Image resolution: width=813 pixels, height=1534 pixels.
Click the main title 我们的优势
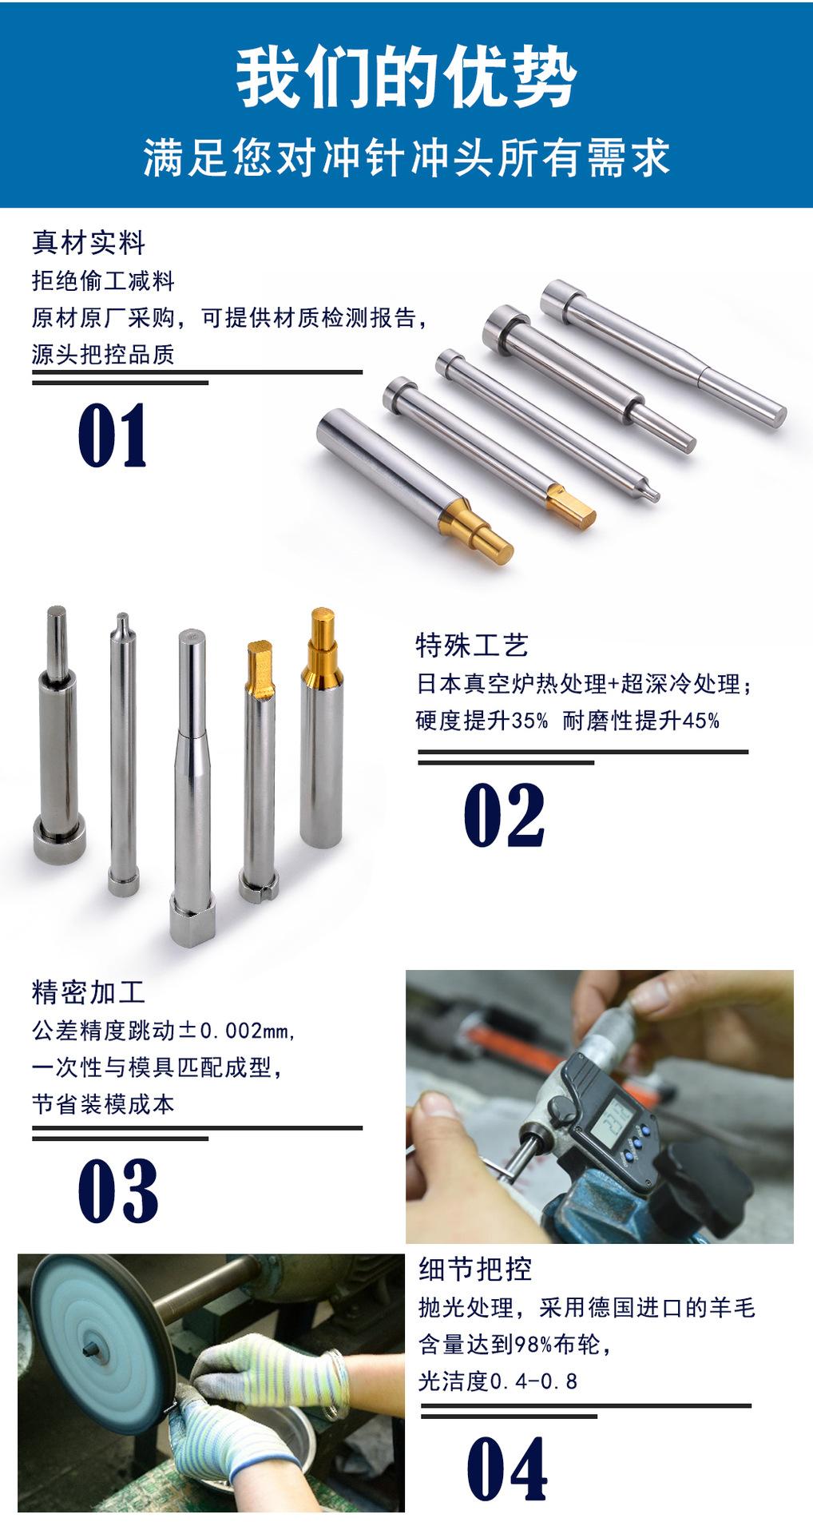pyautogui.click(x=406, y=78)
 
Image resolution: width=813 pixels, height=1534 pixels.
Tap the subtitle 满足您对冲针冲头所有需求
pyautogui.click(x=406, y=157)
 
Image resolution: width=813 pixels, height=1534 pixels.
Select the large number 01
pyautogui.click(x=113, y=435)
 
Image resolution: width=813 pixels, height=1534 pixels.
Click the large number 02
pyautogui.click(x=505, y=815)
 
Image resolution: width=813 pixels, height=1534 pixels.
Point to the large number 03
pyautogui.click(x=118, y=1191)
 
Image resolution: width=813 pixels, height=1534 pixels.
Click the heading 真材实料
pyautogui.click(x=89, y=242)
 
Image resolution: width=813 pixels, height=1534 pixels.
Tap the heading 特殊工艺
pyautogui.click(x=472, y=646)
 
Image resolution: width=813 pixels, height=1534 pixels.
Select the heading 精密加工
pyautogui.click(x=89, y=992)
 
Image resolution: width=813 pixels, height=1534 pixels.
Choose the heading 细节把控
pyautogui.click(x=475, y=1269)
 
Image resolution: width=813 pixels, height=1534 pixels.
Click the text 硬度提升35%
pyautogui.click(x=482, y=721)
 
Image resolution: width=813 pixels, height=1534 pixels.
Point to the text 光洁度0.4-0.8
pyautogui.click(x=498, y=1381)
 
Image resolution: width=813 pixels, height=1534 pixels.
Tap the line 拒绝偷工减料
pyautogui.click(x=103, y=280)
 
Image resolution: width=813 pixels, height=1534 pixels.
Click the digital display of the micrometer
pyautogui.click(x=614, y=1116)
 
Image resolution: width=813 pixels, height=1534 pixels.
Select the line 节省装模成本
pyautogui.click(x=103, y=1104)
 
